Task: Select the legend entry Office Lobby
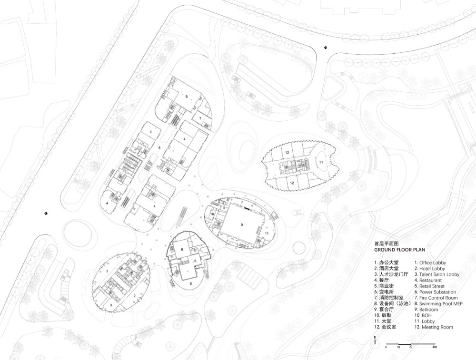430,263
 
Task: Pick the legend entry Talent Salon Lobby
437,274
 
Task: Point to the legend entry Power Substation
435,292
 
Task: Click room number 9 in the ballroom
242,225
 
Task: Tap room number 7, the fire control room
200,118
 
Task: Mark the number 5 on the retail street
159,148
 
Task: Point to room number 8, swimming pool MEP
191,284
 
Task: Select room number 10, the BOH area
212,214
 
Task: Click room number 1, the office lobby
107,271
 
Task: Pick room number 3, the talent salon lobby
111,305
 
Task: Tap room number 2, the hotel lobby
134,296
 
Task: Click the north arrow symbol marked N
375,341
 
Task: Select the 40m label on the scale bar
435,347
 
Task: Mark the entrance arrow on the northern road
326,47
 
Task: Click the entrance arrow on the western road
46,213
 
